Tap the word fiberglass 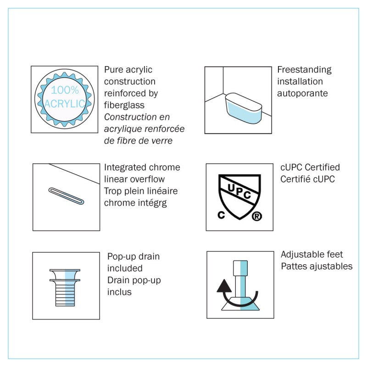tap(124, 105)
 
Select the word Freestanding tap(304, 70)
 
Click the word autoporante tap(302, 93)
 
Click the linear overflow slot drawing tap(66, 196)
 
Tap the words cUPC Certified tap(310, 167)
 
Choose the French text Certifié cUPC tap(307, 179)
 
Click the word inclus tap(119, 292)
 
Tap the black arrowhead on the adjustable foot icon tap(223, 287)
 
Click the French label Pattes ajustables tap(317, 266)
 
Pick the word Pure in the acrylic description tap(113, 70)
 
